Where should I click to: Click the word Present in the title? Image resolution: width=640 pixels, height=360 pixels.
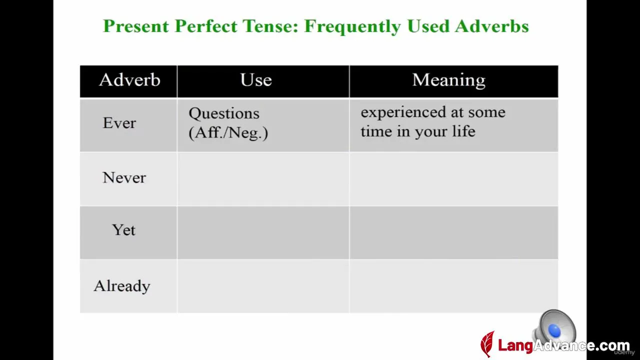(136, 26)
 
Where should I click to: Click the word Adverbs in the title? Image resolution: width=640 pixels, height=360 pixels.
(491, 26)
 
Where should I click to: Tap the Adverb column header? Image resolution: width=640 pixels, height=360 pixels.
(129, 79)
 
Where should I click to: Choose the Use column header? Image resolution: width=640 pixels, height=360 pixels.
(256, 79)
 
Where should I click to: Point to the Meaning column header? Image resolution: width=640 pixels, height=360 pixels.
(449, 80)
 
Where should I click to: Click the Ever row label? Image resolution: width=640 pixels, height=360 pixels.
(119, 123)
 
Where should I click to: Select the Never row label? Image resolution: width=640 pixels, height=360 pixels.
(124, 177)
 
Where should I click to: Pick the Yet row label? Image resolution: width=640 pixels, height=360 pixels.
(123, 229)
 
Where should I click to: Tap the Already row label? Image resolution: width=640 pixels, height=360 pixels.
(122, 286)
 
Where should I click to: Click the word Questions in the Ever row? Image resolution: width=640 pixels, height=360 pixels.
(224, 114)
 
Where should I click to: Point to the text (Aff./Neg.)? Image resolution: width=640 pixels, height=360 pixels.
(228, 133)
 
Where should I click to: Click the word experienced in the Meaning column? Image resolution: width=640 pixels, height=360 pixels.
(403, 112)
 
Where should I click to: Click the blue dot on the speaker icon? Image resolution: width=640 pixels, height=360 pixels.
(554, 331)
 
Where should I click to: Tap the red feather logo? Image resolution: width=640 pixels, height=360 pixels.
(487, 343)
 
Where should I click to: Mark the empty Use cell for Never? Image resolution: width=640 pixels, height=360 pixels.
(263, 179)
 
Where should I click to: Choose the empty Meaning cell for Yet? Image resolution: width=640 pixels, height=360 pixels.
(453, 233)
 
